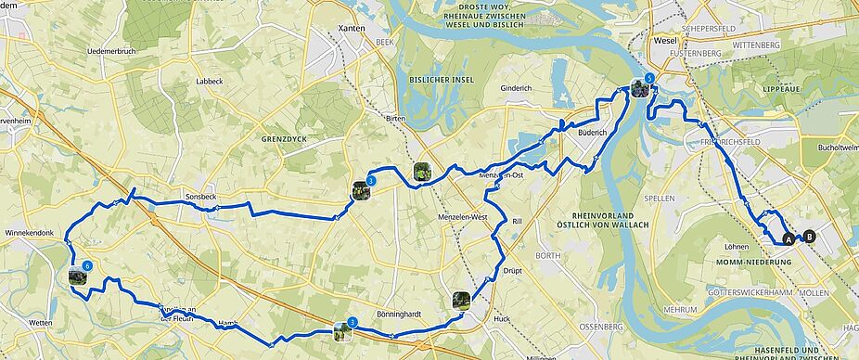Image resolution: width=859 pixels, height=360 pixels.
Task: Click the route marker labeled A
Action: (789, 238)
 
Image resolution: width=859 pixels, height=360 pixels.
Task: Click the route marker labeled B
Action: (810, 237)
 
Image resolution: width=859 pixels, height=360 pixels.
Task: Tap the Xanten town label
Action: (353, 29)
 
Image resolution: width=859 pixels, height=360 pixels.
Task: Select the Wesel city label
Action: (665, 42)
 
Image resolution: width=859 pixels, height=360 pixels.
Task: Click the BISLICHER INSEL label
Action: (442, 80)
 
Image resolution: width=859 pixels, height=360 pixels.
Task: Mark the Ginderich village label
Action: (516, 88)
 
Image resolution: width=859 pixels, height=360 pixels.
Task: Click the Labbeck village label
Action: (210, 81)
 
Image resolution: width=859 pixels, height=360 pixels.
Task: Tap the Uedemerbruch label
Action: (112, 50)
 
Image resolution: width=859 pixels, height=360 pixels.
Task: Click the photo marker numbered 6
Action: (78, 275)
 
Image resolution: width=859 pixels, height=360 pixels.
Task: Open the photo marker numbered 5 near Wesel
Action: (640, 88)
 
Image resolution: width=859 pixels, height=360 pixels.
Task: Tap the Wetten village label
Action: (41, 321)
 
